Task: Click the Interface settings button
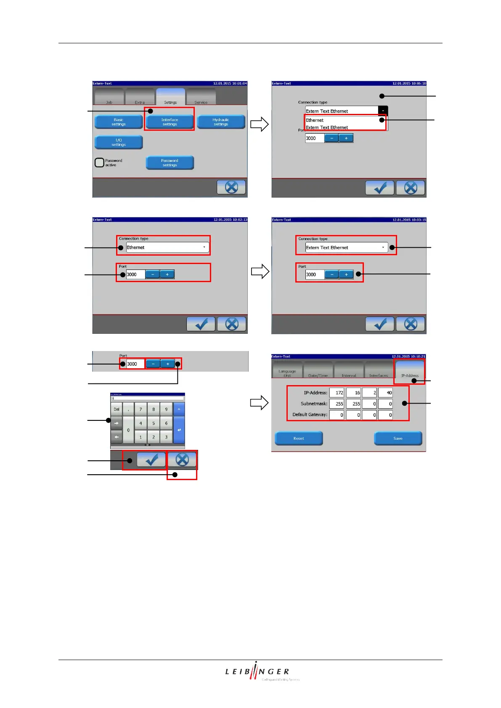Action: (x=170, y=122)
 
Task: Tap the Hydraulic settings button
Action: (x=221, y=122)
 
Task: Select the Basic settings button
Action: (x=119, y=122)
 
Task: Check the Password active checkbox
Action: (x=99, y=163)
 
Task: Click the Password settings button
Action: (x=170, y=163)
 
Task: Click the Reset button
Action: (x=299, y=438)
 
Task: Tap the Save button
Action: (x=398, y=438)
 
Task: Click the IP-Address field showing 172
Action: (x=337, y=393)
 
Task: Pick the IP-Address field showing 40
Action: (x=385, y=393)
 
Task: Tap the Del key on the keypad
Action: (x=117, y=409)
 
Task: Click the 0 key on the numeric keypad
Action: (x=128, y=430)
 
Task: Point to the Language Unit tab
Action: (x=287, y=371)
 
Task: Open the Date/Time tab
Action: (x=318, y=371)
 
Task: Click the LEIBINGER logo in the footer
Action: (x=257, y=671)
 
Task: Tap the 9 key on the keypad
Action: (x=166, y=409)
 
